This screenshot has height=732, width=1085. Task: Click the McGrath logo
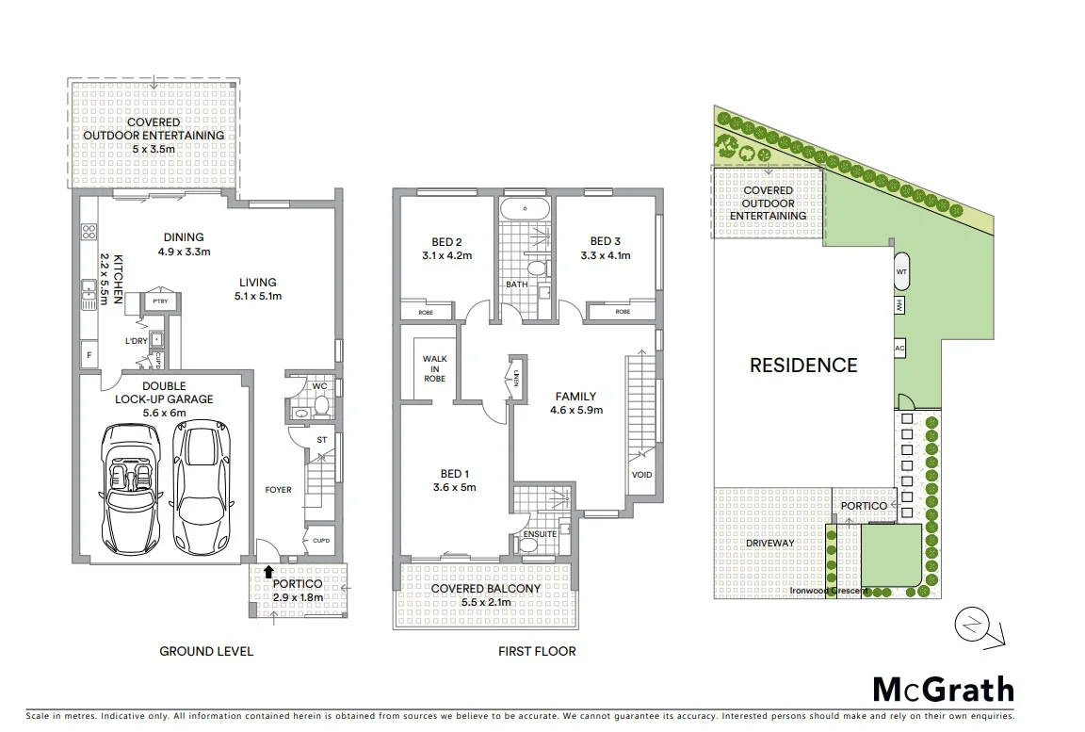pyautogui.click(x=943, y=690)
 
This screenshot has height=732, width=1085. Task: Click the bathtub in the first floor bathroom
pyautogui.click(x=524, y=209)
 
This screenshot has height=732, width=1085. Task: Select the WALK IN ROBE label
pyautogui.click(x=434, y=368)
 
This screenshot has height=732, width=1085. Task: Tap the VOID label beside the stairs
pyautogui.click(x=641, y=475)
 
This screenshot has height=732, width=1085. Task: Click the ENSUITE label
pyautogui.click(x=538, y=534)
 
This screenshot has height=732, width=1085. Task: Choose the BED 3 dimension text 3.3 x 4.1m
pyautogui.click(x=606, y=255)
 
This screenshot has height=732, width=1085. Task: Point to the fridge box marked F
pyautogui.click(x=89, y=355)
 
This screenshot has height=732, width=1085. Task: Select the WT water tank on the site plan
pyautogui.click(x=901, y=270)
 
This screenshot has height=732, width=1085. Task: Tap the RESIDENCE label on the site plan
pyautogui.click(x=803, y=366)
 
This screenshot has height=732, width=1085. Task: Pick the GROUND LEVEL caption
pyautogui.click(x=206, y=651)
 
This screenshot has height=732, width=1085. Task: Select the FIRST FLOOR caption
pyautogui.click(x=537, y=651)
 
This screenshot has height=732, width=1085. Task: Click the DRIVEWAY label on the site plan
pyautogui.click(x=770, y=543)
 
